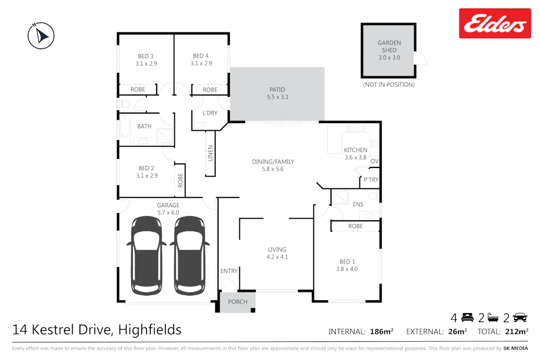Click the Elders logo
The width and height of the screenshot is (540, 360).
pyautogui.click(x=495, y=23)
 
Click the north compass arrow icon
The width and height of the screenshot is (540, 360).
pyautogui.click(x=41, y=36)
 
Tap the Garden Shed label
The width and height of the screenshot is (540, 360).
pyautogui.click(x=389, y=50)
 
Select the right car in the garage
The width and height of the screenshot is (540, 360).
pyautogui.click(x=189, y=255)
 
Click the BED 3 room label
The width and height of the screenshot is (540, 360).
pyautogui.click(x=146, y=60)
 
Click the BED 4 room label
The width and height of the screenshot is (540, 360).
pyautogui.click(x=201, y=60)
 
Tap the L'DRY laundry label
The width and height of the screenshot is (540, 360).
pyautogui.click(x=210, y=113)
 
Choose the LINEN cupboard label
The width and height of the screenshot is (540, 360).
pyautogui.click(x=211, y=153)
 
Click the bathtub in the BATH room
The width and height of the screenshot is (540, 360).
pyautogui.click(x=125, y=129)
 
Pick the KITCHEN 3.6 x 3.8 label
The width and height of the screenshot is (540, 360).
pyautogui.click(x=356, y=154)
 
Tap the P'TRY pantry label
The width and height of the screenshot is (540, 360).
pyautogui.click(x=370, y=180)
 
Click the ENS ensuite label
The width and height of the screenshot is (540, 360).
pyautogui.click(x=358, y=204)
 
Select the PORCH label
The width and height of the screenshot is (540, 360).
pyautogui.click(x=238, y=302)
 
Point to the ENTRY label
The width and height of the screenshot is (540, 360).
pyautogui.click(x=229, y=271)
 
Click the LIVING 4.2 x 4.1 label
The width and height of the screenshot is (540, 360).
pyautogui.click(x=277, y=253)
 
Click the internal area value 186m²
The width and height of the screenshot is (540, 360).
pyautogui.click(x=381, y=332)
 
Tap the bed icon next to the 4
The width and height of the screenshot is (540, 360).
pyautogui.click(x=468, y=318)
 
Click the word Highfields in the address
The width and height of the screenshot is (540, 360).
pyautogui.click(x=150, y=330)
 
